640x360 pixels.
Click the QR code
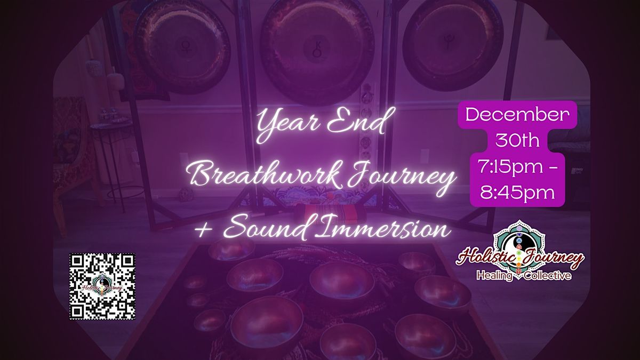[x=102, y=286]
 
